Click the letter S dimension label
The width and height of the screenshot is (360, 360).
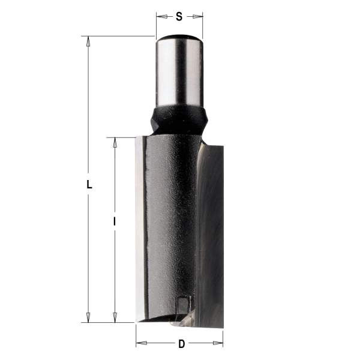click(179, 17)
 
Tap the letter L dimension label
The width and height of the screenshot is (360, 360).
click(89, 185)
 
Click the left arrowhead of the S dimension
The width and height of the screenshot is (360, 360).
click(160, 17)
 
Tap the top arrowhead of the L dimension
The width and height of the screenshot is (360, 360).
click(89, 41)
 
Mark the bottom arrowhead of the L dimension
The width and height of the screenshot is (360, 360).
click(89, 317)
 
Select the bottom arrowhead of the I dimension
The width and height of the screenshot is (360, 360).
click(115, 317)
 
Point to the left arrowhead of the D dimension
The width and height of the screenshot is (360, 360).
click(140, 344)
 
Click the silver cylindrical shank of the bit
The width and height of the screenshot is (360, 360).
click(179, 72)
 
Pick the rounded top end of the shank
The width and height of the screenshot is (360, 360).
click(179, 39)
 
